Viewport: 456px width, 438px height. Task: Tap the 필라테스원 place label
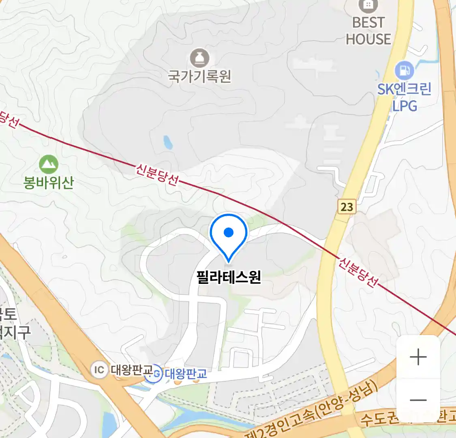[x=229, y=277]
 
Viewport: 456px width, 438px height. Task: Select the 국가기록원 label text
[x=199, y=76]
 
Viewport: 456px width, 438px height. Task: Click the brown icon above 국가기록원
[x=199, y=58]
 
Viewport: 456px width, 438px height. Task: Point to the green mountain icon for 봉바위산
[x=49, y=165]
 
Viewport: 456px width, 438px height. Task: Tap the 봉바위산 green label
[x=49, y=183]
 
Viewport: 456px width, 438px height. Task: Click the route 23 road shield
[x=347, y=207]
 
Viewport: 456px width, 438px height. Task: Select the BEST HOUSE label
[x=368, y=31]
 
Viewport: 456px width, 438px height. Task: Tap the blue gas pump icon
[x=404, y=71]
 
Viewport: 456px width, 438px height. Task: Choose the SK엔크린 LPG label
[x=404, y=97]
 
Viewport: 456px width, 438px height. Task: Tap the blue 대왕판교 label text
[x=186, y=374]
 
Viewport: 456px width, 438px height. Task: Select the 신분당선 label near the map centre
[x=156, y=174]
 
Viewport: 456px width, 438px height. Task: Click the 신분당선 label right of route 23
[x=358, y=271]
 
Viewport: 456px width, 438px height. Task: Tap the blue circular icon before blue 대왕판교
[x=155, y=374]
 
